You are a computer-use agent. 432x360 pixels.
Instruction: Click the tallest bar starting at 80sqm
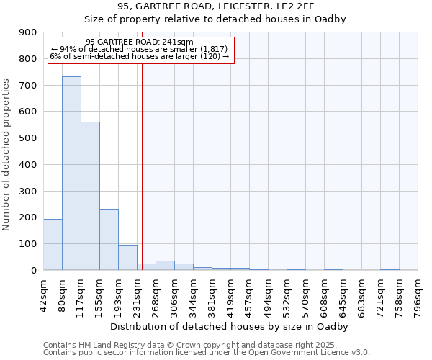point(71,173)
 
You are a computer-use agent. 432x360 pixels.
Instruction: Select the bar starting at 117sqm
point(90,196)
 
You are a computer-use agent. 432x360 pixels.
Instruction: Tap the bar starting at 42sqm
point(53,244)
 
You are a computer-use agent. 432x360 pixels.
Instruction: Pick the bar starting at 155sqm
point(109,239)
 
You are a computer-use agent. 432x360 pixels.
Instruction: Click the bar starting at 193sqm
point(127,257)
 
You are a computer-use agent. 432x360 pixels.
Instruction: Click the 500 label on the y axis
point(28,138)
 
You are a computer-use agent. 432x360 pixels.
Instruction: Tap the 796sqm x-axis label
point(418,295)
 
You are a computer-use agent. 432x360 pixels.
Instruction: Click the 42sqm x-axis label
point(44,295)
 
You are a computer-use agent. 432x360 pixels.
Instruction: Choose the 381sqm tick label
point(212,295)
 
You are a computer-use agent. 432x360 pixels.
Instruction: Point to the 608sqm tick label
point(325,295)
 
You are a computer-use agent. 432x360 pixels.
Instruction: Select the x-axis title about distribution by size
point(230,327)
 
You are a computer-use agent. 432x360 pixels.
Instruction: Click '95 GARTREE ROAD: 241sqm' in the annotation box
point(139,42)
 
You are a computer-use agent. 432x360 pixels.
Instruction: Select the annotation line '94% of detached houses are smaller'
point(139,49)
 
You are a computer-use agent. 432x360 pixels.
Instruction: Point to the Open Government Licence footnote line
point(207,352)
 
